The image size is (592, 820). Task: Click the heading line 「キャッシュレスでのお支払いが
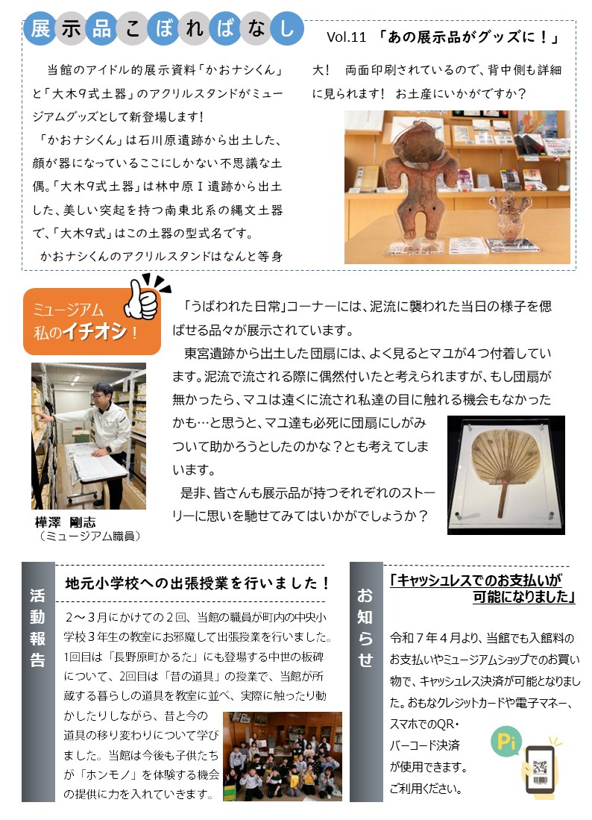point(475,580)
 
